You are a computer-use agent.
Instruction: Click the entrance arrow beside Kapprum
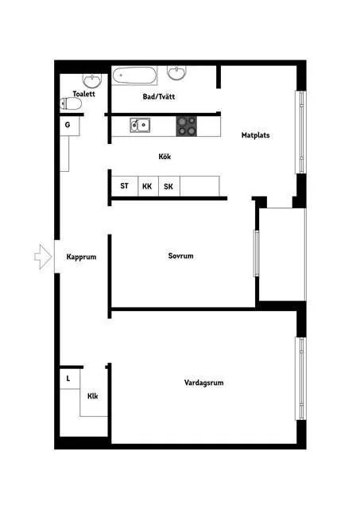click(x=43, y=257)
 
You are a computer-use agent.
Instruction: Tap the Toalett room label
click(x=83, y=94)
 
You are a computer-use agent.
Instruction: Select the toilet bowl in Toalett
click(x=71, y=104)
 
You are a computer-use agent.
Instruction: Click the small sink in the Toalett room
click(x=92, y=80)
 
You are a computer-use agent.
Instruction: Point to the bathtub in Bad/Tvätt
click(x=134, y=76)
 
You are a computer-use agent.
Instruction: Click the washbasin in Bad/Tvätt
click(x=177, y=72)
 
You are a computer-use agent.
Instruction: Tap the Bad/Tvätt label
click(x=159, y=96)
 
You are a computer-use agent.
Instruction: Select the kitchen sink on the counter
click(x=140, y=126)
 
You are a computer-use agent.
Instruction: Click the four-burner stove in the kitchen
click(x=187, y=126)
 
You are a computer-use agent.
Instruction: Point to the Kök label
click(x=165, y=157)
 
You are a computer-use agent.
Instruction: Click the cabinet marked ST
click(x=125, y=186)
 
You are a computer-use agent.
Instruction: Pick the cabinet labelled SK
click(x=169, y=186)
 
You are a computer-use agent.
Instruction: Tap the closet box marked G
click(x=70, y=126)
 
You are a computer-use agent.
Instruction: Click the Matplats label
click(x=256, y=135)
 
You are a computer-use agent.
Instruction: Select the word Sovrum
click(x=180, y=256)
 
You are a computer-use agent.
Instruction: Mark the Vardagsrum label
click(x=203, y=383)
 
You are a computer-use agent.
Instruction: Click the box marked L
click(x=70, y=379)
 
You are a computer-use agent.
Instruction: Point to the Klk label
click(x=93, y=396)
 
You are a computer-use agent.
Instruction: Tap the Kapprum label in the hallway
click(x=81, y=257)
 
